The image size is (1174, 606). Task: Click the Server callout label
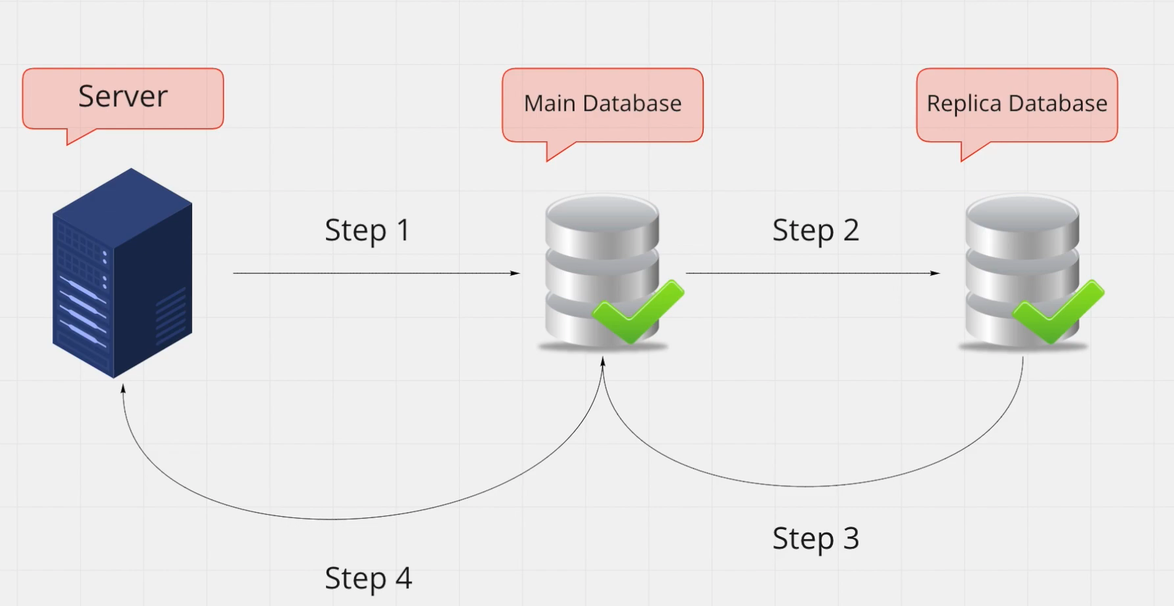pos(123,97)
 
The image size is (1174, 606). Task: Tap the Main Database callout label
pos(602,104)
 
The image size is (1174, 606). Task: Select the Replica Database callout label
pos(1017,104)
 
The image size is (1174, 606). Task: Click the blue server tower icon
pos(122,272)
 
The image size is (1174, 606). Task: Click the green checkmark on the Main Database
pos(638,312)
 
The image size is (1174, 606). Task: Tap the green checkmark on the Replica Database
pos(1058,312)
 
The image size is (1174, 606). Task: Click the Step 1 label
pos(367,230)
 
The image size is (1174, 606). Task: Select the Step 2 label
pos(815,230)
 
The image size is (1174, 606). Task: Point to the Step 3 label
pos(815,538)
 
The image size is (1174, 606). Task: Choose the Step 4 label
pos(368,578)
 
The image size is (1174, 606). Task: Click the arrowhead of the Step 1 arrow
pos(516,273)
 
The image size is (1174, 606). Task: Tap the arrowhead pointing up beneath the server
pos(123,389)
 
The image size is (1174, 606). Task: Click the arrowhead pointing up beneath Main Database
pos(603,362)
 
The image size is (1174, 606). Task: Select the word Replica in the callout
pos(963,104)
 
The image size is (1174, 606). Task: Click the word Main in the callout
pos(550,104)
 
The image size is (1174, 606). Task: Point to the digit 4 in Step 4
pos(403,578)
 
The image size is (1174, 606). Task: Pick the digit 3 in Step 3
pos(851,538)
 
